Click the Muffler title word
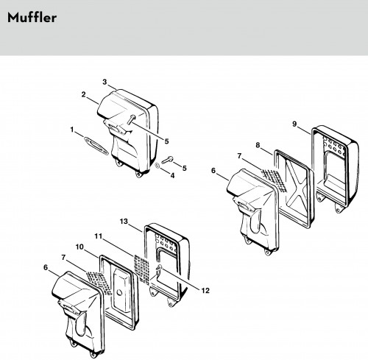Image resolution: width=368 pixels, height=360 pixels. coord(32,18)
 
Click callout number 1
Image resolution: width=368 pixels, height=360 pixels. coord(72,130)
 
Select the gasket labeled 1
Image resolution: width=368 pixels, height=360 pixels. coord(96,146)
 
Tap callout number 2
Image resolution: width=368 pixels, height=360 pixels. coord(84,94)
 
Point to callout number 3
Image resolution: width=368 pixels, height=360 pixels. coord(105,82)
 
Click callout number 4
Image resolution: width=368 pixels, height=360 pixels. coord(172,175)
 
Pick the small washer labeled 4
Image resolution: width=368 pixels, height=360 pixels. coord(158,166)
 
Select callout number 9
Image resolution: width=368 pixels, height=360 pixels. coord(294,124)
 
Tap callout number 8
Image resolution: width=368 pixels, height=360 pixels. coord(258,145)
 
